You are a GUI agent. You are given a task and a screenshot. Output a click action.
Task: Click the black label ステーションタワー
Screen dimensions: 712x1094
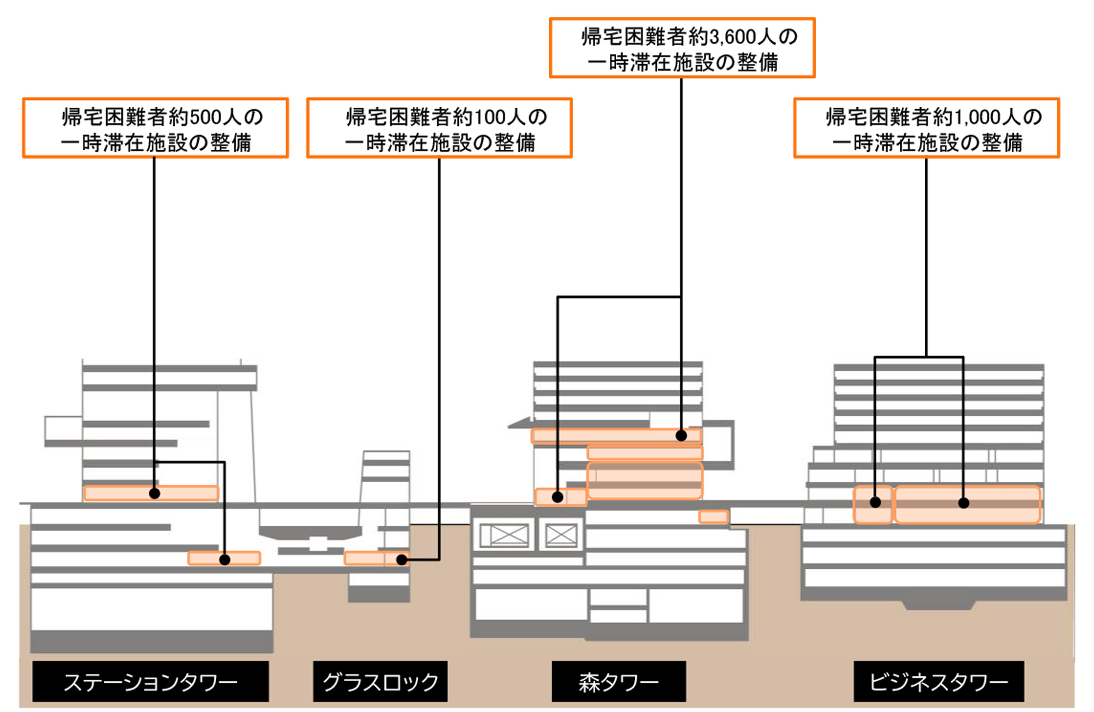tap(150, 682)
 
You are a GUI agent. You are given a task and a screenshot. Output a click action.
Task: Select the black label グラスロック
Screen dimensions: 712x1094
tap(380, 682)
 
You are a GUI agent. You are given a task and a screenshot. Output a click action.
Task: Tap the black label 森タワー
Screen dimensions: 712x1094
tap(618, 682)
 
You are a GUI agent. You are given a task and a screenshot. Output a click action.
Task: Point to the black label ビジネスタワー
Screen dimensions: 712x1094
tap(939, 682)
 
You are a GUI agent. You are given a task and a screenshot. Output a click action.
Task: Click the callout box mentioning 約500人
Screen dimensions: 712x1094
tap(155, 128)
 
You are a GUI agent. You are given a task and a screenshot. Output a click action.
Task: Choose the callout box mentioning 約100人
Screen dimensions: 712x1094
tap(439, 128)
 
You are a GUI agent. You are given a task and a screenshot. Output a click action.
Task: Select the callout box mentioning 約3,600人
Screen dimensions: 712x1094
tap(682, 48)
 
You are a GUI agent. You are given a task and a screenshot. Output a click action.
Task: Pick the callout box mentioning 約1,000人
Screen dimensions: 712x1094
tap(926, 128)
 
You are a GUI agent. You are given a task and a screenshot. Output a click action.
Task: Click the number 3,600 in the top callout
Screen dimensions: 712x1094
tap(733, 37)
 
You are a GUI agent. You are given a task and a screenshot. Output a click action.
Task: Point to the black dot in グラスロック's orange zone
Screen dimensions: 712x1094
tap(401, 560)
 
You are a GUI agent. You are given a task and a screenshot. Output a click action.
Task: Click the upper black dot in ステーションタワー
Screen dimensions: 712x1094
tap(154, 493)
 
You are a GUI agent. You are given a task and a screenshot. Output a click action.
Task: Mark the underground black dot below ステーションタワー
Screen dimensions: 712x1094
tap(224, 560)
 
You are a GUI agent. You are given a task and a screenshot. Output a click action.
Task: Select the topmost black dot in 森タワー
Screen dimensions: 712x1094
tap(681, 435)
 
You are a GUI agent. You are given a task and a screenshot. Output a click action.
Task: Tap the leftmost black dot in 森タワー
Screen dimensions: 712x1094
tap(557, 497)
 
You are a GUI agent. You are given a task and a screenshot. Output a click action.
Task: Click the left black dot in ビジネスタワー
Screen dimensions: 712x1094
tap(875, 503)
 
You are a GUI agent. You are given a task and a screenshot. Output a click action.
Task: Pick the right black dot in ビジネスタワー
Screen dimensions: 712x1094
tap(963, 503)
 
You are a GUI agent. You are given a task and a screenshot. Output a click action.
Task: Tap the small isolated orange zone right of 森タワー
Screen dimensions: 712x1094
tap(713, 517)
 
